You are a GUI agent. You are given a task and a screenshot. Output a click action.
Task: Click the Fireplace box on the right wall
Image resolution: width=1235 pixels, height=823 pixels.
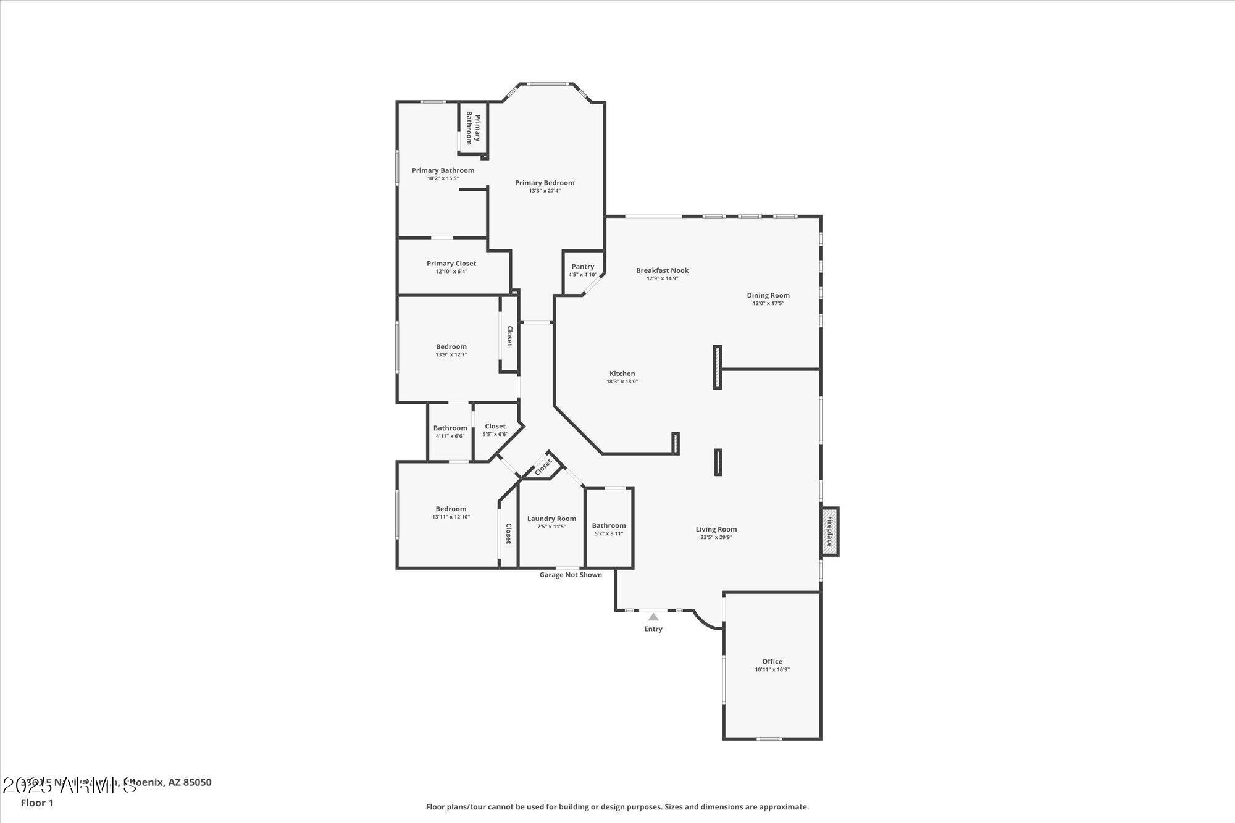click(829, 532)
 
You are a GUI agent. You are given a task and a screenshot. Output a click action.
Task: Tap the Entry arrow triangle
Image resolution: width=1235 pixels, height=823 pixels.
click(653, 617)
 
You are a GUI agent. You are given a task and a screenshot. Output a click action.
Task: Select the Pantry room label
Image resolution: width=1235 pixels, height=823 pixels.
click(583, 267)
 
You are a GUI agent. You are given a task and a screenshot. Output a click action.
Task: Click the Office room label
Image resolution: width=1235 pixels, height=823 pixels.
click(772, 661)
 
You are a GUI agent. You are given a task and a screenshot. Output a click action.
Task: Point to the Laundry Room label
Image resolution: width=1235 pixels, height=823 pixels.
click(551, 519)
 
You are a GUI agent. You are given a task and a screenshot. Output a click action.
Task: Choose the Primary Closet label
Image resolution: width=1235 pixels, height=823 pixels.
click(451, 264)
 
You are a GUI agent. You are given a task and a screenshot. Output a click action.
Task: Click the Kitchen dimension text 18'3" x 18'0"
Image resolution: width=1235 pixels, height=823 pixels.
click(622, 382)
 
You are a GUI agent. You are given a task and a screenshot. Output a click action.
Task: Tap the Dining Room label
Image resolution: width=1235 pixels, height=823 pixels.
click(768, 295)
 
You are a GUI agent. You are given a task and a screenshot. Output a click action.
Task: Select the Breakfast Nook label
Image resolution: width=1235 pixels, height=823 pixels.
click(663, 270)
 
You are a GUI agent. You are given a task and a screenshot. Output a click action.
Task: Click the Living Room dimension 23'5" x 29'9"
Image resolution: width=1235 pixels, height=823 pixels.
click(716, 537)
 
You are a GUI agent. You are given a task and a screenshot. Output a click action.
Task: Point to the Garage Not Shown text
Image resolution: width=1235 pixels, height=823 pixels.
click(571, 575)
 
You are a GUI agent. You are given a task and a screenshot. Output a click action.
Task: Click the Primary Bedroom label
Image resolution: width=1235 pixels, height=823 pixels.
click(545, 183)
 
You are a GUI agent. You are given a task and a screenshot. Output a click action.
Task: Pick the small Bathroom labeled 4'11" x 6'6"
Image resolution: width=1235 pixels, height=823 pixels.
click(450, 428)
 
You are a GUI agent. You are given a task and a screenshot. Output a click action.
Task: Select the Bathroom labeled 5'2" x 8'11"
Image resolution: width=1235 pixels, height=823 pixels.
click(609, 525)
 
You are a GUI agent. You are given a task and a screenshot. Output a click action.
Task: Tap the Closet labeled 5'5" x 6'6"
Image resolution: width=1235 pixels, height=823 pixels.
click(495, 426)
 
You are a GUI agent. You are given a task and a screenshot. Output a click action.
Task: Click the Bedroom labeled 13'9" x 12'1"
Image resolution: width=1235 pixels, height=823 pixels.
click(451, 346)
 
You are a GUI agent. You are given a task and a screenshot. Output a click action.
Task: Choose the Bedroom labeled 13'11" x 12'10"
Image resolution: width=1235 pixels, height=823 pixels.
click(451, 509)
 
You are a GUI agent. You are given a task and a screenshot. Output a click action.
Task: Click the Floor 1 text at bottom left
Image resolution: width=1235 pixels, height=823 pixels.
click(37, 803)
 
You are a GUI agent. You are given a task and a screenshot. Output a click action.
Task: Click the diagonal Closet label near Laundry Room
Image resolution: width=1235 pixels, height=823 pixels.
click(543, 467)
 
